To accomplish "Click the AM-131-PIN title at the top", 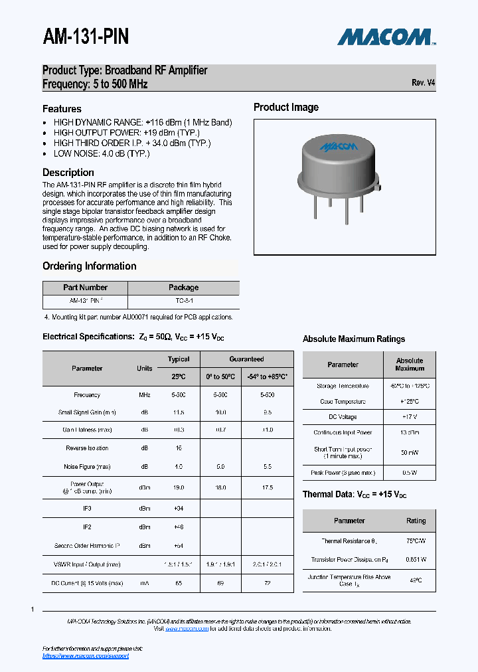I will pos(86,37).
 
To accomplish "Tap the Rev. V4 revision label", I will pos(423,83).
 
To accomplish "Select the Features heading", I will pos(62,109).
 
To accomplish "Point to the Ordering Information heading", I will pos(89,266).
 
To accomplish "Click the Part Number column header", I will pos(85,288).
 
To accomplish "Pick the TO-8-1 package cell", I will pos(183,300).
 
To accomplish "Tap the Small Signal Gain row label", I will pos(87,412).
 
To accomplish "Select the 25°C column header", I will pos(179,377).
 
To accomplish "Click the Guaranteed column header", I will pos(246,359).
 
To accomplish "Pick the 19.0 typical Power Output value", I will pos(179,487).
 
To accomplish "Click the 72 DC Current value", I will pos(268,583).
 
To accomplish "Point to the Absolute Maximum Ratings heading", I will pos(353,339).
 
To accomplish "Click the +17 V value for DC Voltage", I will pos(410,417).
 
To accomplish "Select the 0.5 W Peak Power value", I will pos(410,473).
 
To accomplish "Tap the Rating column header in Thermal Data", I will pos(416,521).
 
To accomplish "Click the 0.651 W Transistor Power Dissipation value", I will pos(416,559).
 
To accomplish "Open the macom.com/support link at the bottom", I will pos(86,656).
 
